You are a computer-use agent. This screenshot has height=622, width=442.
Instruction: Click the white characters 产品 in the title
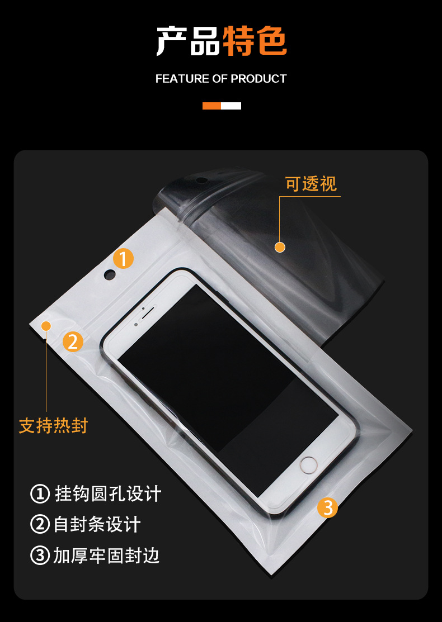pos(189,41)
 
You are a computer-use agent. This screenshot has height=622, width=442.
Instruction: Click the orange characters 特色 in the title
pos(255,41)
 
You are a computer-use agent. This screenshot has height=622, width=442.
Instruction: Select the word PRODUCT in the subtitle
pos(258,79)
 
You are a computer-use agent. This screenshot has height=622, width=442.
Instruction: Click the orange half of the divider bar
pos(211,106)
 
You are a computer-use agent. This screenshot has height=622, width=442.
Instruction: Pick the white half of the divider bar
pos(231,106)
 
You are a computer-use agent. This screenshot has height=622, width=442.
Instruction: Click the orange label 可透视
pos(311,184)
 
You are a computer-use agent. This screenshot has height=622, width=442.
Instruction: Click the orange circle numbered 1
pos(124,259)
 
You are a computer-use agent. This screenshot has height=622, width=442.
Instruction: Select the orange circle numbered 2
pos(73,341)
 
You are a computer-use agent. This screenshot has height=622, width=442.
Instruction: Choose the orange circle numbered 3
pos(328,507)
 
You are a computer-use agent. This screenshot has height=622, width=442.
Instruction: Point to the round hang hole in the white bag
pos(110,274)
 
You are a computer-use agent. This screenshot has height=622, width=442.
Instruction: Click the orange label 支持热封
pos(54,426)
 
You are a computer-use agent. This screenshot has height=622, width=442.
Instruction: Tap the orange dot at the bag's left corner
pos(46,325)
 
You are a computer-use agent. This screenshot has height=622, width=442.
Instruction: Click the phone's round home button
pos(308,465)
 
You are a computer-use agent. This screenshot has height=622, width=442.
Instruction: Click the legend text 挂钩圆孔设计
pos(108,494)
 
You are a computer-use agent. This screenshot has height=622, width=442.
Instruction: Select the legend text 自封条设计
pos(97,525)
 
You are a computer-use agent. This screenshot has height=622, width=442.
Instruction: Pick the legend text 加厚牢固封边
pos(107,555)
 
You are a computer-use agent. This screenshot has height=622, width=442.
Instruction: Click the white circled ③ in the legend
pos(40,555)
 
